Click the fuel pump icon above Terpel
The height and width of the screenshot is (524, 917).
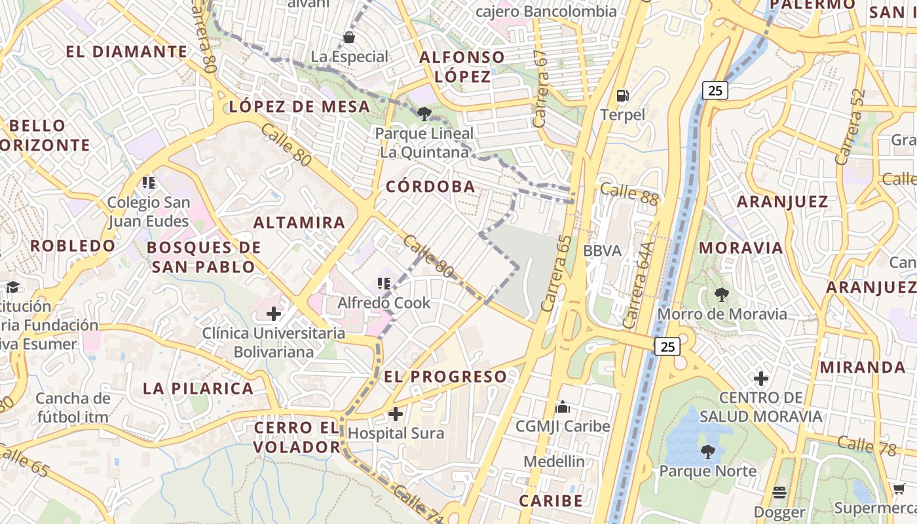pos(623,96)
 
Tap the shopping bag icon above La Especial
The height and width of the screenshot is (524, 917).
pos(349,37)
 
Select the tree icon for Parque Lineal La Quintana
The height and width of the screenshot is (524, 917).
pos(424,114)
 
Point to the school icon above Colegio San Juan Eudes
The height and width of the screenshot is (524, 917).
pos(149,182)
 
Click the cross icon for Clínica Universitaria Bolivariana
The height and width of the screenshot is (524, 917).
pos(274,314)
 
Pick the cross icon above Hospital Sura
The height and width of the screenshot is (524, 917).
pos(396,414)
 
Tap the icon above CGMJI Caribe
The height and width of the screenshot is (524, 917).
pos(563,407)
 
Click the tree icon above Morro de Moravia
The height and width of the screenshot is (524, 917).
pos(722,295)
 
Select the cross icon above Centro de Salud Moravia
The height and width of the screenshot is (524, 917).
pos(760,379)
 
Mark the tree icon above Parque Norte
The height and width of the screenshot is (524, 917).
pos(707,451)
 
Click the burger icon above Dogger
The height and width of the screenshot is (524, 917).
pos(779,492)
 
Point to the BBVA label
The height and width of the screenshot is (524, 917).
pos(601,250)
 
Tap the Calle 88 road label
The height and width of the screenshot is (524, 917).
pos(629,193)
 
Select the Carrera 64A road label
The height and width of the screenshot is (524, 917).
pos(639,286)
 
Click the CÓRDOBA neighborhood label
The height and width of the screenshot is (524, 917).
pos(430,187)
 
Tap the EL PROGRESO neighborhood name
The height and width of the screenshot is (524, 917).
pos(445,377)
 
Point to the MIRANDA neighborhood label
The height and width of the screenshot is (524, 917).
pos(863,367)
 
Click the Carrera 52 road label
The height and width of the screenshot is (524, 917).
pos(851,126)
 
